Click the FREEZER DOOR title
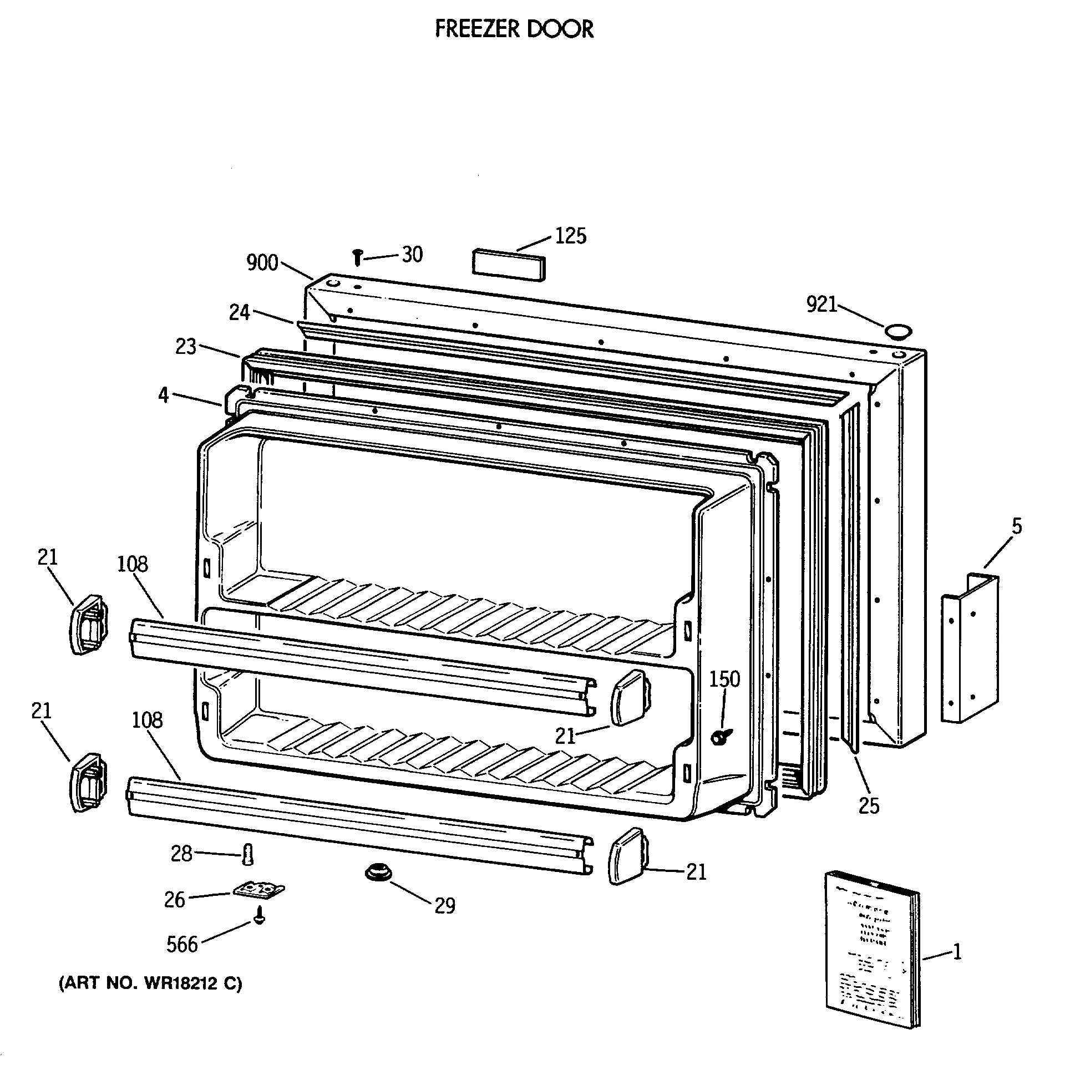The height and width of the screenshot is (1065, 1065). pos(514,29)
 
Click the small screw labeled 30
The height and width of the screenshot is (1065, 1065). pos(358,257)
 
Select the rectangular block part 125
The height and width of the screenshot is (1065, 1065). pos(508,265)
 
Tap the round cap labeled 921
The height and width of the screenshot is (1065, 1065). pos(897,332)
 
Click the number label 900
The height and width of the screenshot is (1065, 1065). pos(262,263)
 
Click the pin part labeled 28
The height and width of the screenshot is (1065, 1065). pos(247,854)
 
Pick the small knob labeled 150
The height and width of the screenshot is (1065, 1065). pos(719,737)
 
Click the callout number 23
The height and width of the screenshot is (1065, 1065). pos(186,347)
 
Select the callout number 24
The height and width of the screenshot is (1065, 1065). pos(240,313)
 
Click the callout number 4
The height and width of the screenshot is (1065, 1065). pos(163,395)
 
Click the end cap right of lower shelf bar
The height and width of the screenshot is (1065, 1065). pos(628,863)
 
